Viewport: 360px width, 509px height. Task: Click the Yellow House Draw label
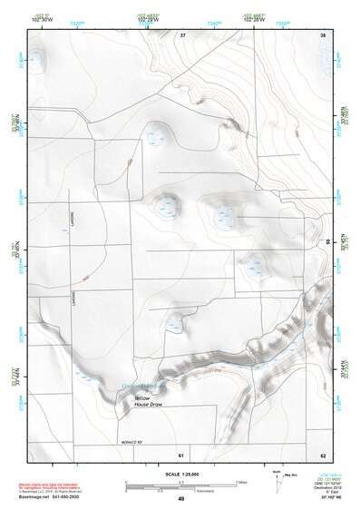coord(148,400)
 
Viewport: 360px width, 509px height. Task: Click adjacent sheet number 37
coord(182,34)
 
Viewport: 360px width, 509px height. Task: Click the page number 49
coord(181,499)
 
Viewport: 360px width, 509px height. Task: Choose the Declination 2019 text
coord(329,486)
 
